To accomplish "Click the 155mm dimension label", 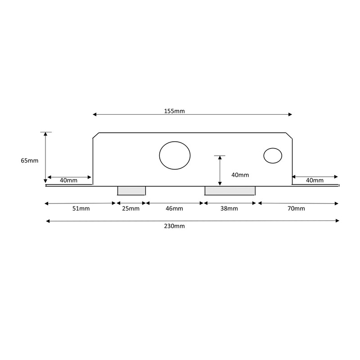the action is [174, 111].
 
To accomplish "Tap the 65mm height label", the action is [30, 161].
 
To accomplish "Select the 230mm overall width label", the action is [174, 226].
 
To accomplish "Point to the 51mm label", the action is [81, 209].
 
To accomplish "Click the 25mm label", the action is [130, 209].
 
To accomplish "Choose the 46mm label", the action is [174, 209].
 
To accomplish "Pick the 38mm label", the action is [229, 209].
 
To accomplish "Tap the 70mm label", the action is [296, 209].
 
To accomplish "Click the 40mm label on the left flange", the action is [69, 180].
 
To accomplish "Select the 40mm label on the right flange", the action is [315, 180].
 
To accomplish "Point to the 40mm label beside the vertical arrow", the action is [240, 175].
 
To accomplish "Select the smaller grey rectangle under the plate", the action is [131, 191].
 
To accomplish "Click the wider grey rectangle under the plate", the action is [230, 191].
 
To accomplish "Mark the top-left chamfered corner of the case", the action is [96, 135].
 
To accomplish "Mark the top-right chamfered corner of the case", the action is [289, 136].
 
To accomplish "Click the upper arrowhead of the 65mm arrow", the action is [45, 134].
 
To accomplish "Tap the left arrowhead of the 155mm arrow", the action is [94, 114].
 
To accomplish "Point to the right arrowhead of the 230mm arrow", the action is [337, 221].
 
